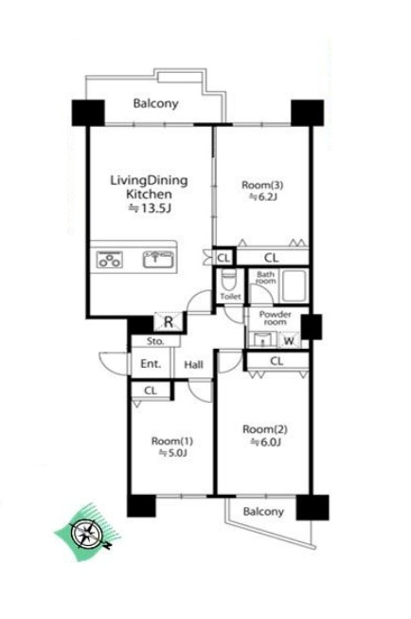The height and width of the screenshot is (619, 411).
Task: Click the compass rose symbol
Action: [x=86, y=534]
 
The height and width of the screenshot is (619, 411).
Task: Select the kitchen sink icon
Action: [x=158, y=259]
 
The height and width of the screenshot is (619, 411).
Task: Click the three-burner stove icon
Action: [x=109, y=260]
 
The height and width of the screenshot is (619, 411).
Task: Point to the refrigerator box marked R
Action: [x=169, y=322]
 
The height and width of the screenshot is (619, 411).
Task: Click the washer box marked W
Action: [x=289, y=340]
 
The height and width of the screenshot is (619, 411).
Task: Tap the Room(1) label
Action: [x=172, y=441]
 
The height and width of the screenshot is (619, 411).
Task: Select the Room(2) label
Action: [x=264, y=428]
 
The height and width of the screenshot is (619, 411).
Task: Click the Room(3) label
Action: [x=262, y=184]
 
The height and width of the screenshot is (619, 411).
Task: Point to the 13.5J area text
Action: [x=151, y=208]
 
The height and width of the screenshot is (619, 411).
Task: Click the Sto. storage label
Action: [x=155, y=341]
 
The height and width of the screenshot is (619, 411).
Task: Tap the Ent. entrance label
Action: [x=151, y=364]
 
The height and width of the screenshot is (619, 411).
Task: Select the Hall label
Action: [x=194, y=365]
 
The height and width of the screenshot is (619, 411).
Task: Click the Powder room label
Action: [x=276, y=319]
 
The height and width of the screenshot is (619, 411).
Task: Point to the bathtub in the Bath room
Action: [x=293, y=286]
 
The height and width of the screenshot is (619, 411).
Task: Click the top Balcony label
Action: [x=156, y=104]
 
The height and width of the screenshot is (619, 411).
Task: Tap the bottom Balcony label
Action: [x=263, y=512]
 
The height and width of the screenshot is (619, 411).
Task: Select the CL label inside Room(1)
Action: [x=151, y=391]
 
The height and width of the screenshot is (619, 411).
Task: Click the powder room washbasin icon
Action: [x=262, y=340]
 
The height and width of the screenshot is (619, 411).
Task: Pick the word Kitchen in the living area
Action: [x=149, y=194]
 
